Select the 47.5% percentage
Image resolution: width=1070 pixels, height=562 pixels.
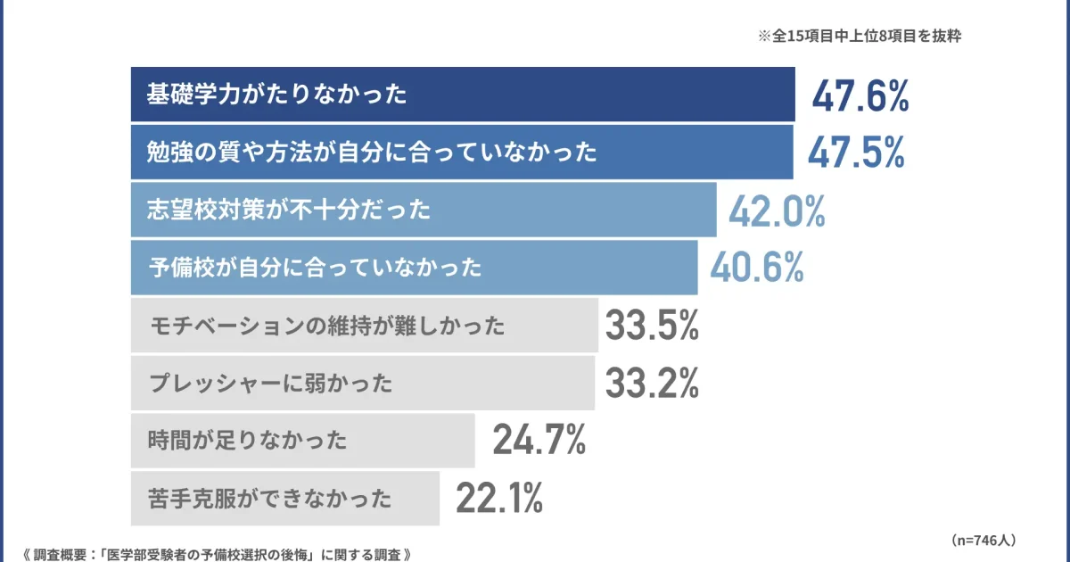(x=856, y=153)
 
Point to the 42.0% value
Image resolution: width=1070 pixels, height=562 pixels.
(x=777, y=211)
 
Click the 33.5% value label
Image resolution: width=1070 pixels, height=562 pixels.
(x=652, y=326)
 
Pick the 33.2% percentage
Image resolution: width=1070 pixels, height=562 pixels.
(x=652, y=384)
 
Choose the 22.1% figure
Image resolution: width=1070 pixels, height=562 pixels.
(x=499, y=498)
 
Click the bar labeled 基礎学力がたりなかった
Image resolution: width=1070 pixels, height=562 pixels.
(x=463, y=95)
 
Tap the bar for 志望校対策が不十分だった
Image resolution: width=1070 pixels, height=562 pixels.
(x=424, y=211)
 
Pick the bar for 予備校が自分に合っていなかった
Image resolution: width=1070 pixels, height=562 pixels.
(x=414, y=267)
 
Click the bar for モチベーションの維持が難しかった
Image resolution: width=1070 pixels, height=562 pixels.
(x=364, y=326)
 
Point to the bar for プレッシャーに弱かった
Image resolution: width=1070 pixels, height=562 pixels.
(x=362, y=384)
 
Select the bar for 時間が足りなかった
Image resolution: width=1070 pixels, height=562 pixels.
(x=302, y=439)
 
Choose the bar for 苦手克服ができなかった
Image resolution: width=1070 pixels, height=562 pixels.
(x=284, y=498)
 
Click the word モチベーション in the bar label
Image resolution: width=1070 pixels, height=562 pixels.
(x=217, y=326)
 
